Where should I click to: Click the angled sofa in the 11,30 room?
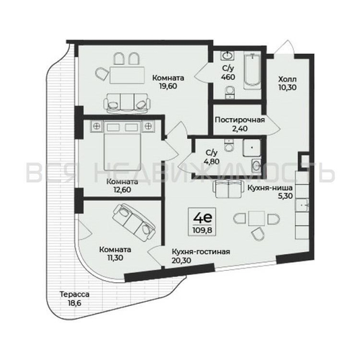pos(132,218)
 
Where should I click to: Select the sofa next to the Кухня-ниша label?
pos(230,189)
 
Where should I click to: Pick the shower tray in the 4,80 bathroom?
pos(253,151)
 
